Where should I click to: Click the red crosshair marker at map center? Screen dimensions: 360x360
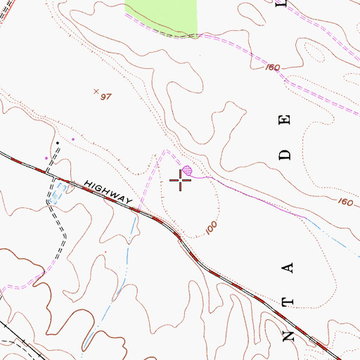[x=181, y=181]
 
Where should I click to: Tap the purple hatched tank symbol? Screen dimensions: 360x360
[x=187, y=170]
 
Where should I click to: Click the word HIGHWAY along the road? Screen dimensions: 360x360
[x=109, y=192]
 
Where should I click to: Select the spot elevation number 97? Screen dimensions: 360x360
[x=106, y=96]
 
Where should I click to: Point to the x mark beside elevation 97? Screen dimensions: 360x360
[x=96, y=91]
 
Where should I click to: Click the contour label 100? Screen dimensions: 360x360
[x=212, y=229]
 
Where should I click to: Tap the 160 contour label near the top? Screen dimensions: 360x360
[x=273, y=68]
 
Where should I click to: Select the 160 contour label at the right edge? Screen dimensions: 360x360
[x=345, y=202]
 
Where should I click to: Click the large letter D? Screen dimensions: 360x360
[x=285, y=154]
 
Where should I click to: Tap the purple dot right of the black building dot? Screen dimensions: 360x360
[x=72, y=139]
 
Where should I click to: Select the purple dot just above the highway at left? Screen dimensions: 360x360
[x=47, y=158]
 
